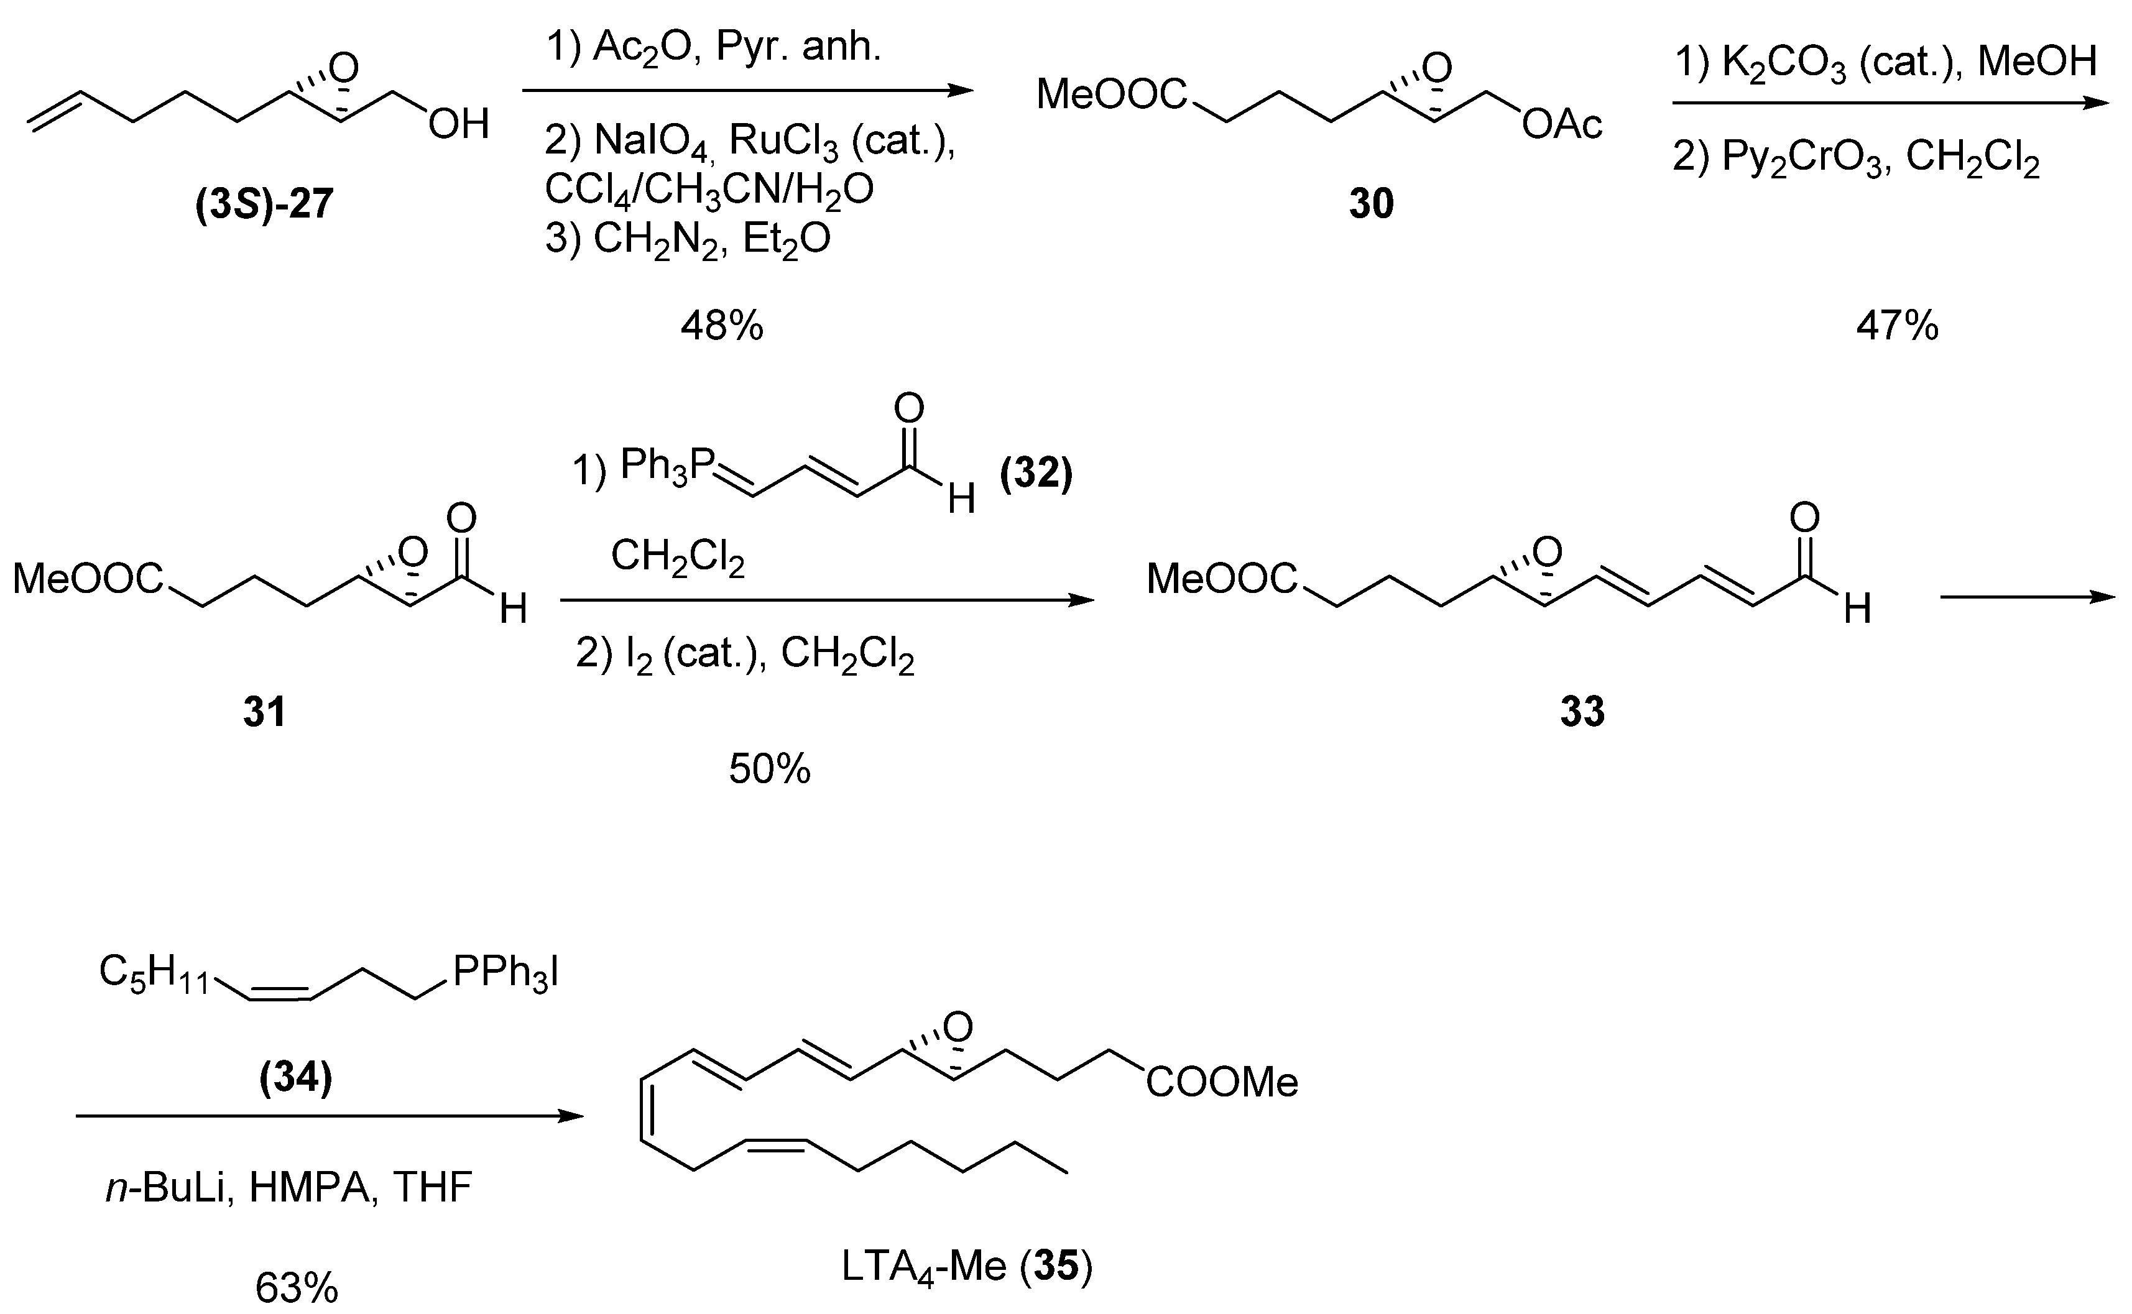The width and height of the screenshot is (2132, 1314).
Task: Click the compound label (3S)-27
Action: coord(264,205)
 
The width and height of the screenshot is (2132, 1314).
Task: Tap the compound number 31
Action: coord(264,712)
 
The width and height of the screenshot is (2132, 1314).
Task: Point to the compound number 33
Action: coord(1582,712)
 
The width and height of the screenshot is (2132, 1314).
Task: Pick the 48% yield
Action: coord(721,327)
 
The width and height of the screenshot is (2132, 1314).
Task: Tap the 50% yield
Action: coord(769,769)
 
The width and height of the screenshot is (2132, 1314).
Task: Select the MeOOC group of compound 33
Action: coord(1221,579)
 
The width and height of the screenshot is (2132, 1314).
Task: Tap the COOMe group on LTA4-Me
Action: coord(1221,1083)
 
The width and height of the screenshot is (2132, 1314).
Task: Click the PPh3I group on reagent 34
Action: coord(505,973)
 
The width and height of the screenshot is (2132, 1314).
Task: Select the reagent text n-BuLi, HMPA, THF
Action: coord(288,1187)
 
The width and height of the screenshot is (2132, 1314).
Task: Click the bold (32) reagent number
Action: coord(1036,474)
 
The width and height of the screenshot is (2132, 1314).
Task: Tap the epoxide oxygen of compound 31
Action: coord(413,552)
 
